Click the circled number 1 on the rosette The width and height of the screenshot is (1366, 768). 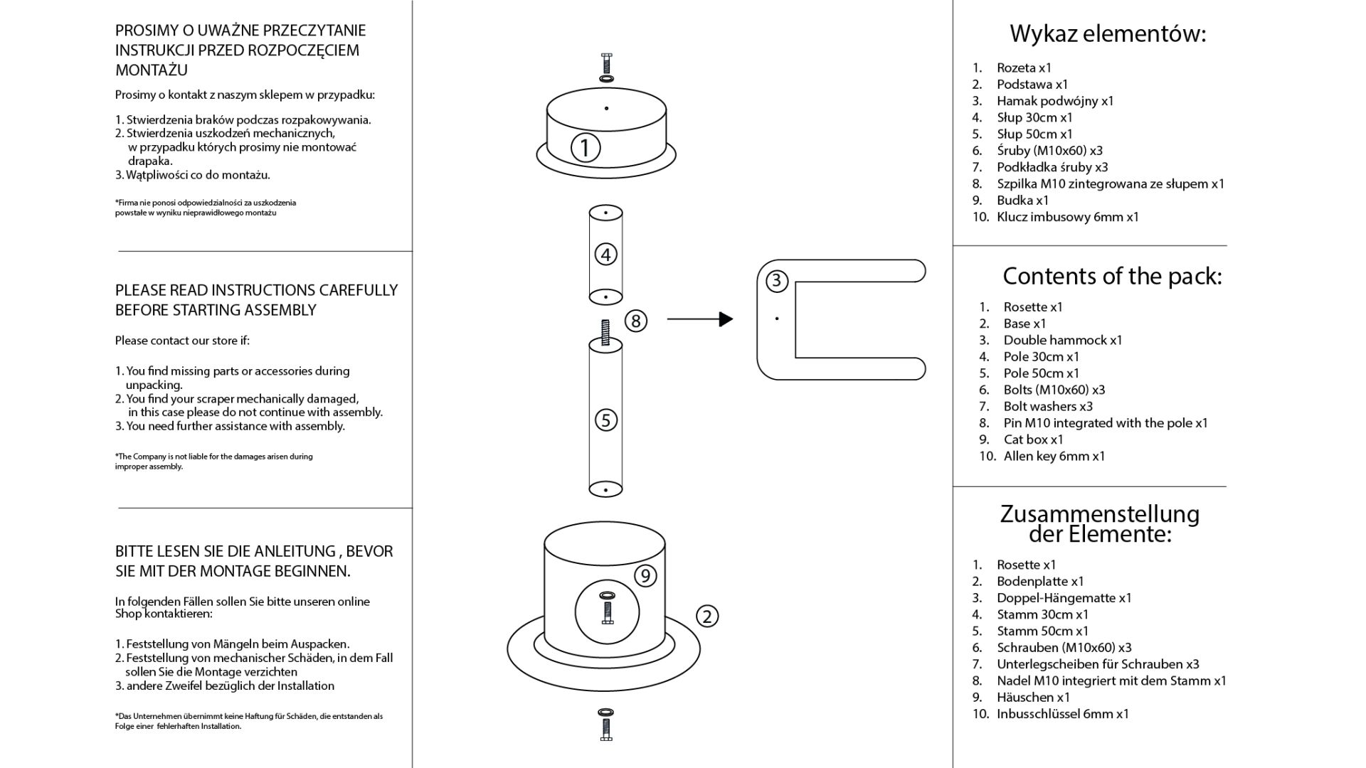coord(586,148)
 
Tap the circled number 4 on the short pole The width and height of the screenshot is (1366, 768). coord(605,255)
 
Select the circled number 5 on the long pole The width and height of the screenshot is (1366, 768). coord(605,420)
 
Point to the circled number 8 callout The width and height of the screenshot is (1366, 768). coord(636,321)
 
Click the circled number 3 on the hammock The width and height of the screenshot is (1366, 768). coord(776,281)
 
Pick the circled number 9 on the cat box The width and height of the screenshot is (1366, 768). coord(645,575)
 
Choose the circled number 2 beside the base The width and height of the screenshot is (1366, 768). coord(706,617)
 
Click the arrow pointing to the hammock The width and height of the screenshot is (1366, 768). coord(700,319)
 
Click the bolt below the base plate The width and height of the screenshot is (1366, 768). coord(606,725)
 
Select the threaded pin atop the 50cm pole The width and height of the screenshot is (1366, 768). coord(605,333)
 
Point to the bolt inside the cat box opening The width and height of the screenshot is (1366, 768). coord(607,608)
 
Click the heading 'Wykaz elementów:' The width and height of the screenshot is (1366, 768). coord(1108,33)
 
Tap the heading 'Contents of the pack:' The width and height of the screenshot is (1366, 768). coord(1112,276)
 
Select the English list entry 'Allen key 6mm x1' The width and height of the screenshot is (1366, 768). coord(1054,457)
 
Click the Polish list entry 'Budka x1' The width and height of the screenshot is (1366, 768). coord(1022,201)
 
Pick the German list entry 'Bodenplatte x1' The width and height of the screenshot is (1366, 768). coord(1040,582)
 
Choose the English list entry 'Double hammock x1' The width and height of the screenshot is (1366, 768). coord(1063,340)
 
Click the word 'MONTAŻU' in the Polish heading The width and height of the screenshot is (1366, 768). coord(152,70)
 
